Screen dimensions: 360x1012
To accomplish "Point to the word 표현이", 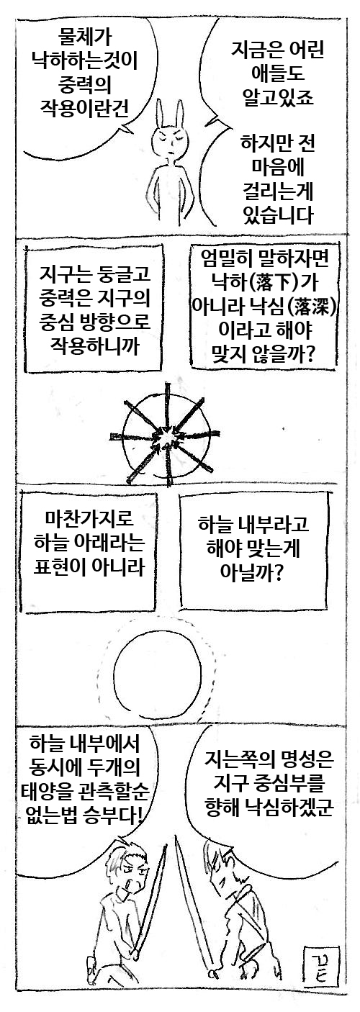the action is (x=60, y=566).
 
